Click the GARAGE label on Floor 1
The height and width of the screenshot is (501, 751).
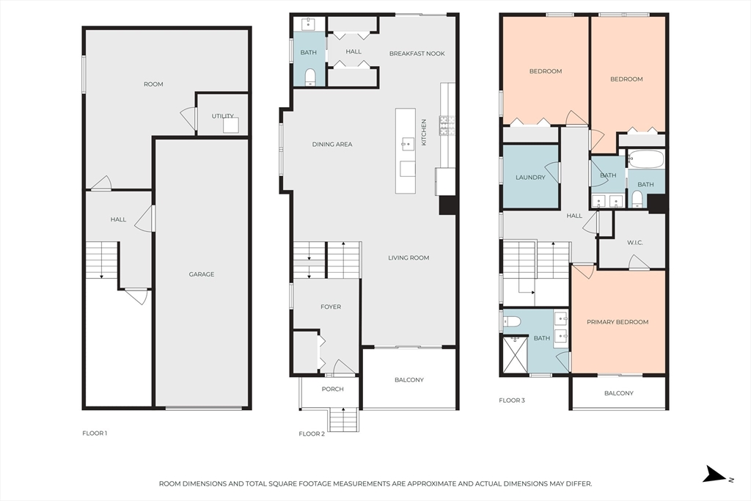(x=201, y=274)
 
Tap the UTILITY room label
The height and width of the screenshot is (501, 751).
(x=223, y=116)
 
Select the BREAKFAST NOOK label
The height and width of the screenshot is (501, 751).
(x=417, y=54)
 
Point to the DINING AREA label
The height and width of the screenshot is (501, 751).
(x=332, y=145)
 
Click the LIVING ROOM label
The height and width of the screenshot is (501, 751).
(x=409, y=257)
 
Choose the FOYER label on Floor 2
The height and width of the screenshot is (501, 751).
(x=331, y=307)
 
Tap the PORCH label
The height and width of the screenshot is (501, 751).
(x=332, y=389)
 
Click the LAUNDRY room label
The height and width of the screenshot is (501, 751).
(x=530, y=178)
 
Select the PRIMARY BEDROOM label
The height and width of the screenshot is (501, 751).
(x=618, y=322)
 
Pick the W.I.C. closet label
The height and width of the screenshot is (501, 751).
(x=634, y=242)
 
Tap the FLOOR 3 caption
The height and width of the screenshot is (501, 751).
(x=511, y=401)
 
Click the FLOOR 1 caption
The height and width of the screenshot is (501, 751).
(x=95, y=434)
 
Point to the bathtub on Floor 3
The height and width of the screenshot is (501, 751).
(x=645, y=159)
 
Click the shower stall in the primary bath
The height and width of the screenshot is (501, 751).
(x=514, y=354)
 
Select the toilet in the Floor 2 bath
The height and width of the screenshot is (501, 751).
(x=310, y=76)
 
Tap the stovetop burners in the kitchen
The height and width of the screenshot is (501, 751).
(x=447, y=125)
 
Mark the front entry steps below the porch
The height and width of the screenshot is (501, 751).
(x=343, y=419)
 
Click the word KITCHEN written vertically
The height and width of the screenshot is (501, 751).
(x=423, y=133)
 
